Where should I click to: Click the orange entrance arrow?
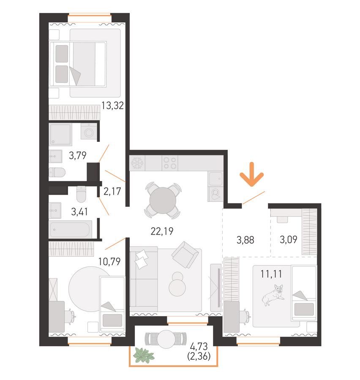[251, 174]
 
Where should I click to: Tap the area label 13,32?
[112, 106]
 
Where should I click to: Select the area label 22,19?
[162, 231]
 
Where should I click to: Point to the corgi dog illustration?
[273, 295]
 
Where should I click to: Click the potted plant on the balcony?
[143, 356]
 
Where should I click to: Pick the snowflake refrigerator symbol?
[137, 163]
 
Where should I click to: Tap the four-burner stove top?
[170, 163]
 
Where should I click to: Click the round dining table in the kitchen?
[163, 201]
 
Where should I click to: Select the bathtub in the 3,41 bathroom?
[70, 229]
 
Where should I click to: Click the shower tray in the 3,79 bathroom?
[60, 135]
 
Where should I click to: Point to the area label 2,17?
[112, 191]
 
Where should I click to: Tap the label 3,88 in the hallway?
[245, 240]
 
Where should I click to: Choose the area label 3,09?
[289, 240]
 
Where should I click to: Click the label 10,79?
[109, 261]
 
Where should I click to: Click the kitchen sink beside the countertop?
[215, 179]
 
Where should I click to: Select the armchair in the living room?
[185, 255]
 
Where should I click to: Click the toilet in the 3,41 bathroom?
[81, 194]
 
